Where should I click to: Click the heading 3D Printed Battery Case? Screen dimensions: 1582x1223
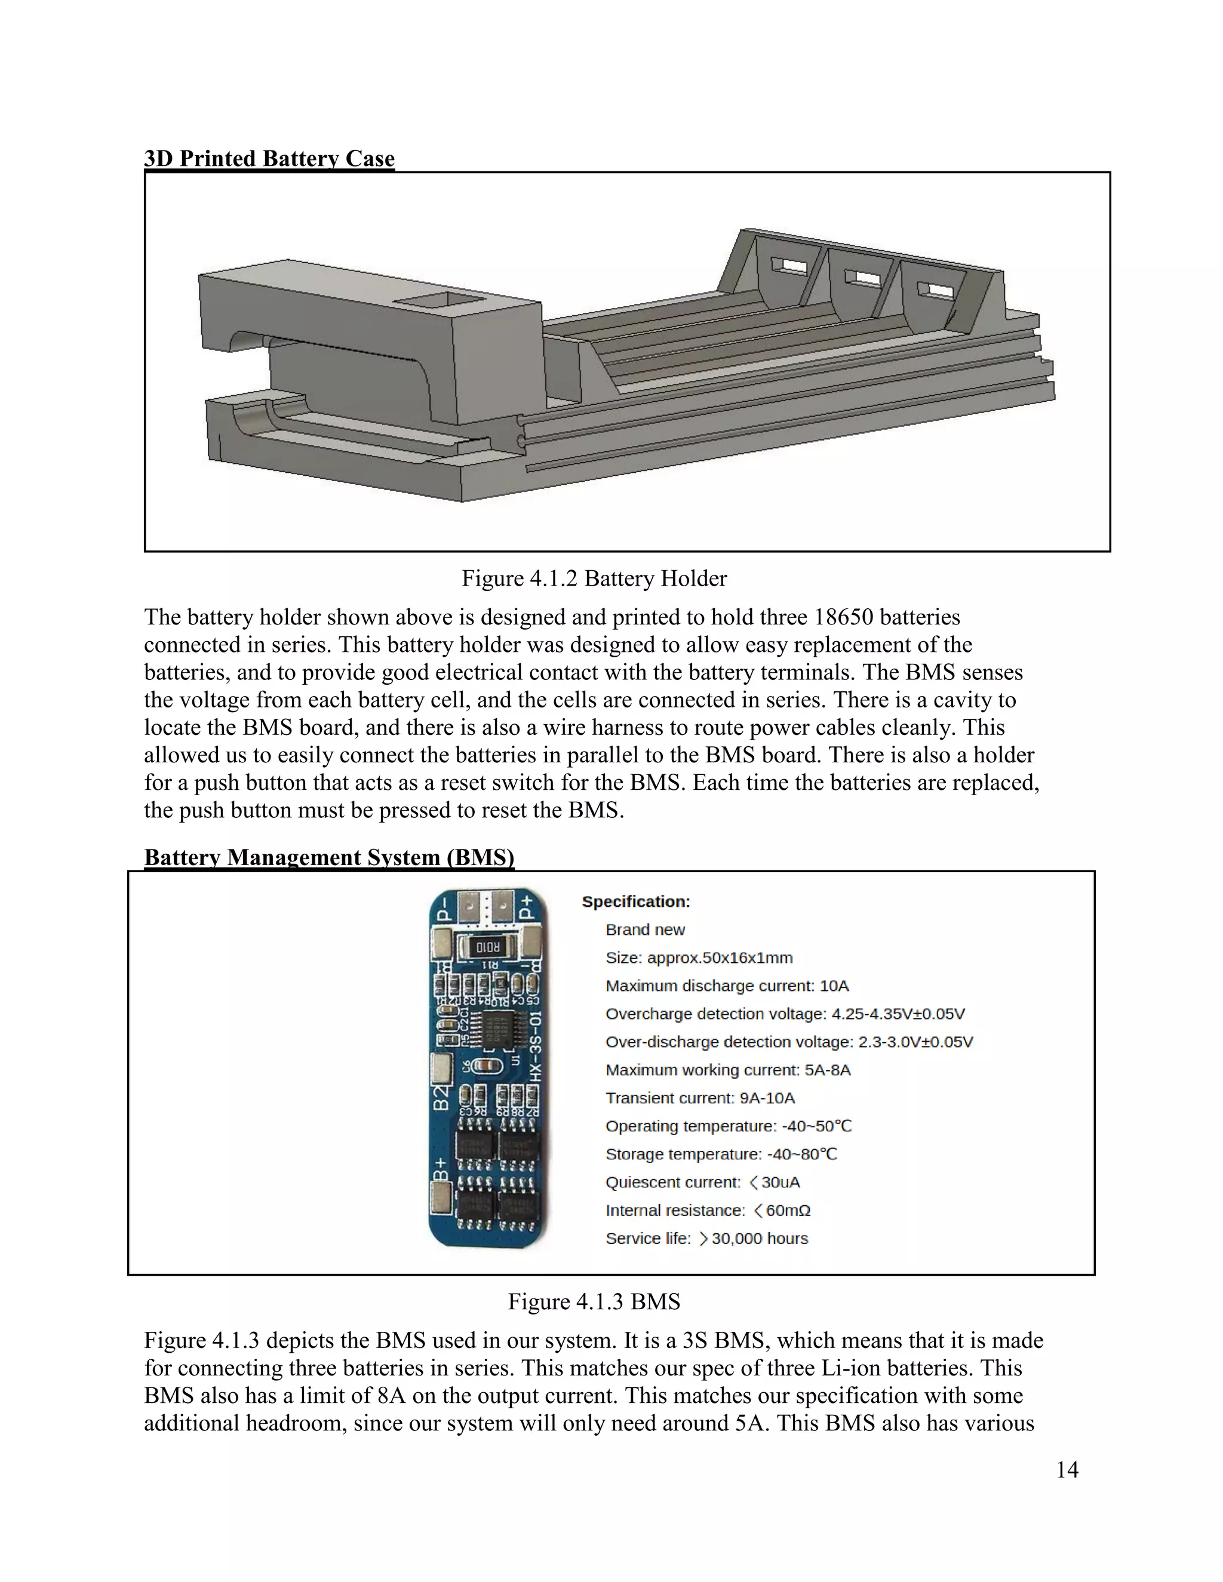[269, 158]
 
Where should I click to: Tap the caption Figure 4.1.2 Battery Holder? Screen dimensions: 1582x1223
[594, 578]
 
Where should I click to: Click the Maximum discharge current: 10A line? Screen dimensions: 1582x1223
[727, 986]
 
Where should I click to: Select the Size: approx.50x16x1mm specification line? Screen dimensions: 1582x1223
[699, 958]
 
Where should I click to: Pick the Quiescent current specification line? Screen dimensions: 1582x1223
[702, 1182]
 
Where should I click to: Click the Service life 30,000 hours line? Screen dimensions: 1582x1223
[706, 1239]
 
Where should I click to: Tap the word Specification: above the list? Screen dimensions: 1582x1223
[636, 902]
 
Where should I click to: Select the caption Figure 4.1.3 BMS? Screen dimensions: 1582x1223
[594, 1301]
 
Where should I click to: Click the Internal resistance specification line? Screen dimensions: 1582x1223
[708, 1211]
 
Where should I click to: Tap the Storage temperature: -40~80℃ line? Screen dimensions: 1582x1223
[721, 1154]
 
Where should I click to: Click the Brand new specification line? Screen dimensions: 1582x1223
[645, 929]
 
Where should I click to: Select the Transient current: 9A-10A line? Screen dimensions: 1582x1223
[700, 1098]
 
